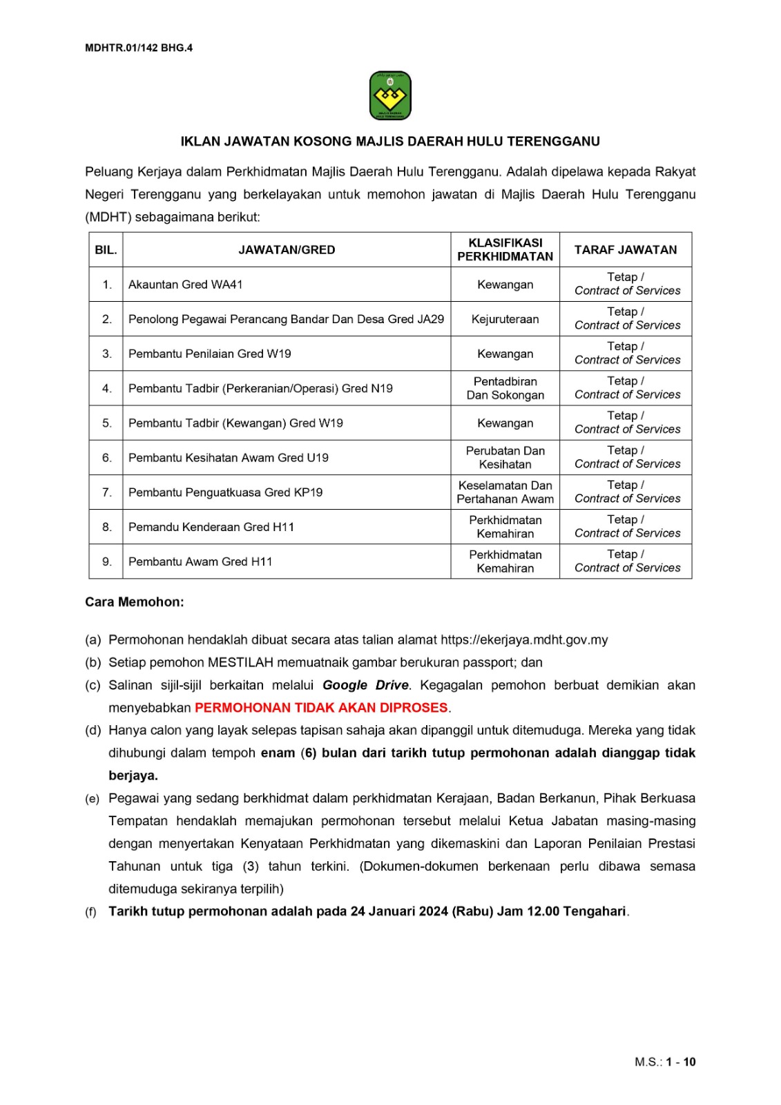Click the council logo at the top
point(390,96)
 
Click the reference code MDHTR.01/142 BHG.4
point(139,48)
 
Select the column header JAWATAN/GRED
point(287,250)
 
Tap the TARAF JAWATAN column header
point(626,250)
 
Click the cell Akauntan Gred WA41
point(186,285)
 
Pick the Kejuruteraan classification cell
point(505,319)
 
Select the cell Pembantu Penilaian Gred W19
point(210,354)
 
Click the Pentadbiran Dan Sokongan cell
point(505,388)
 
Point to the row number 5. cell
point(106,423)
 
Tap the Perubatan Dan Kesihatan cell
point(505,457)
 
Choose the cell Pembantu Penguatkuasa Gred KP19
point(225,492)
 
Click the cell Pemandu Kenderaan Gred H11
point(211,527)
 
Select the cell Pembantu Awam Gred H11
point(200,561)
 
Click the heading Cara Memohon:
point(135,602)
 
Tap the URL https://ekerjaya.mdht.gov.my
point(524,640)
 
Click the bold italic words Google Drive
point(365,685)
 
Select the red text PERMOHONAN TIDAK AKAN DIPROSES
point(321,708)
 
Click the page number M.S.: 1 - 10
point(665,1062)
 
